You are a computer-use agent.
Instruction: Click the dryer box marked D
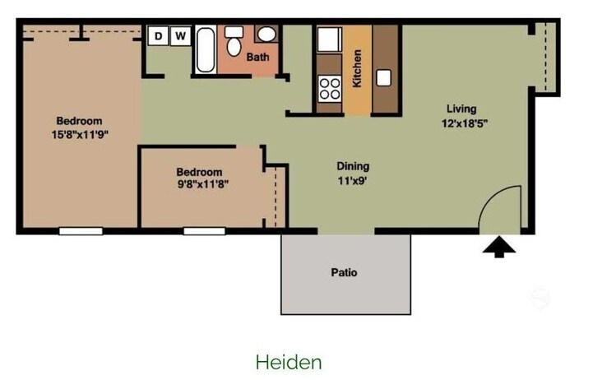point(157,36)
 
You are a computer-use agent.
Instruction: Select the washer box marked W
point(180,36)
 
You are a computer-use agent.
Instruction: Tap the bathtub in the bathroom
point(206,49)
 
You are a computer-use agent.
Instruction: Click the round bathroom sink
point(266,35)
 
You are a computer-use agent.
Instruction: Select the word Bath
point(257,58)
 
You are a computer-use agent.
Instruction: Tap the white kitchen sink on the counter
point(384,78)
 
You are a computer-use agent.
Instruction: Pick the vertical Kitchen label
point(358,69)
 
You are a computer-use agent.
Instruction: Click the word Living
point(461,109)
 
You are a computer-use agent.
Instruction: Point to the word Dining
point(353,165)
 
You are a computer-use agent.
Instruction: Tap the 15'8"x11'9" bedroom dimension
point(80,134)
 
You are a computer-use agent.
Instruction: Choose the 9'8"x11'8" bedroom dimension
point(202,185)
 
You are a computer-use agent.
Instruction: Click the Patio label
point(344,272)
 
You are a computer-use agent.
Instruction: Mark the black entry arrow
point(499,248)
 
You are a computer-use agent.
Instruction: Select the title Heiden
point(289,362)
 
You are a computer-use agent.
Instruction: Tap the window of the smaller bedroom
point(204,231)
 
